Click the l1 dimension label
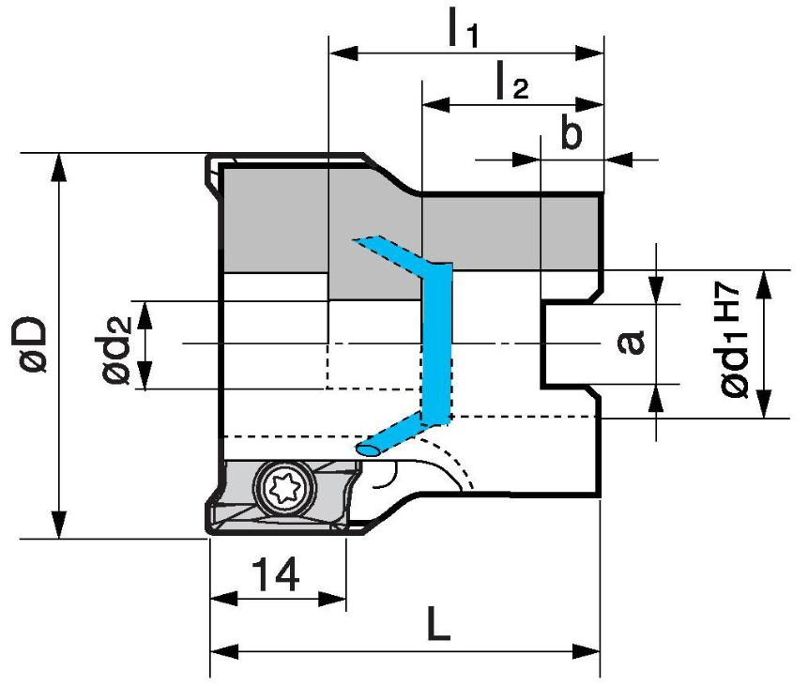(x=463, y=29)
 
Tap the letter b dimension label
(x=571, y=134)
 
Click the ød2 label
(x=117, y=344)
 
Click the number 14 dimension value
(x=275, y=574)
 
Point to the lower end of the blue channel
(x=367, y=450)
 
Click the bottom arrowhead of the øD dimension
(x=60, y=527)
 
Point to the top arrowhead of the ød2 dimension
(x=145, y=311)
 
